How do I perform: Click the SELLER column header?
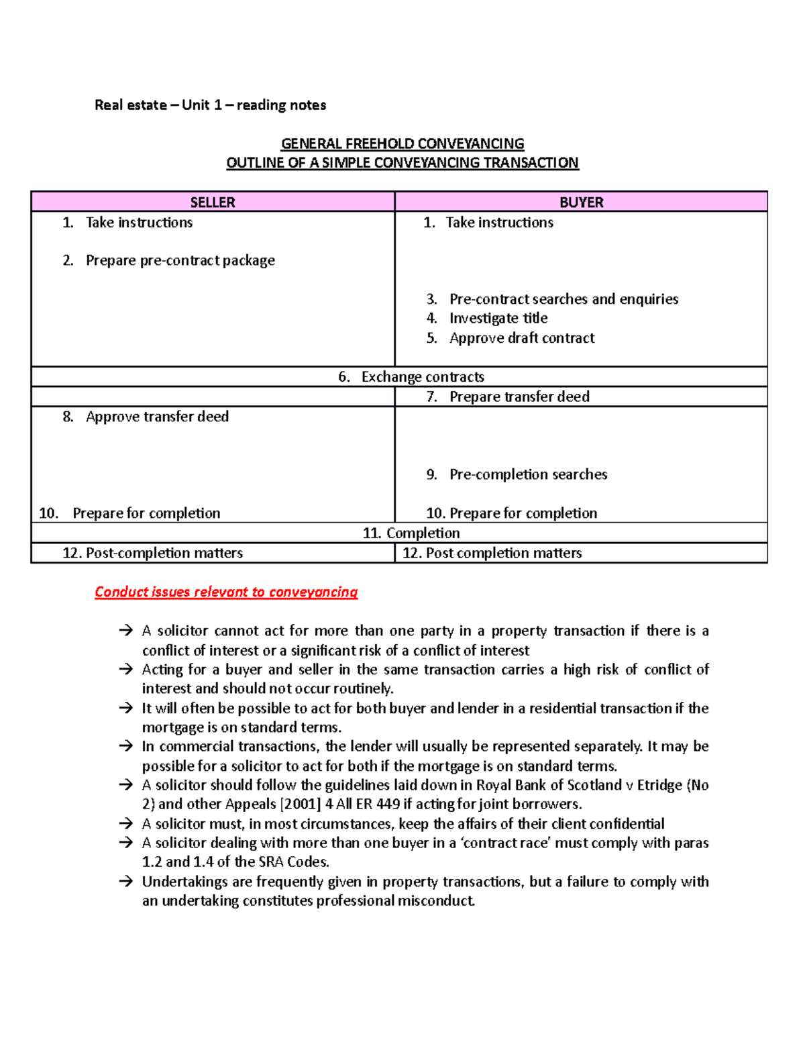(x=212, y=202)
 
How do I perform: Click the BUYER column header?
(x=581, y=202)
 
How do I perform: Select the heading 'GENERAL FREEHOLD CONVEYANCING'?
(x=402, y=144)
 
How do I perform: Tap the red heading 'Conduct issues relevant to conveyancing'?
(x=226, y=592)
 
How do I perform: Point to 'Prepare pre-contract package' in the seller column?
(x=180, y=260)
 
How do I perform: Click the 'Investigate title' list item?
(x=498, y=318)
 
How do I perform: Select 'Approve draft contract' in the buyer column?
(x=521, y=338)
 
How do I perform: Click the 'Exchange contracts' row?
(x=422, y=377)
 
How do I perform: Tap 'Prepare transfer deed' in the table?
(x=519, y=397)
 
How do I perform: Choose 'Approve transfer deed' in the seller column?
(x=157, y=417)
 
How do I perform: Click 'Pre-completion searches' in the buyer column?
(x=528, y=474)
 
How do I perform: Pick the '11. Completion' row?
(x=411, y=533)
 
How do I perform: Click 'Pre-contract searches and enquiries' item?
(x=563, y=299)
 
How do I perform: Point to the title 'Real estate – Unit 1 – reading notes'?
(x=210, y=105)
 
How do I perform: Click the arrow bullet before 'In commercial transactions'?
(x=125, y=746)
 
